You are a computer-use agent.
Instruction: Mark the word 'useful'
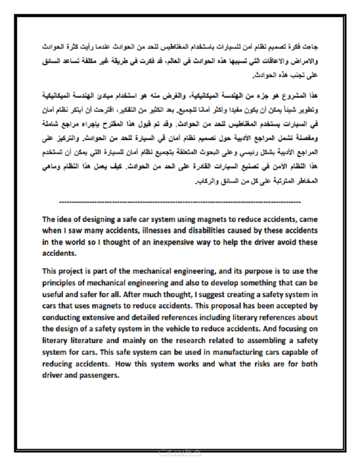tap(54, 294)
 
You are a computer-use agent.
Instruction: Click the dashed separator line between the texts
tap(180, 201)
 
